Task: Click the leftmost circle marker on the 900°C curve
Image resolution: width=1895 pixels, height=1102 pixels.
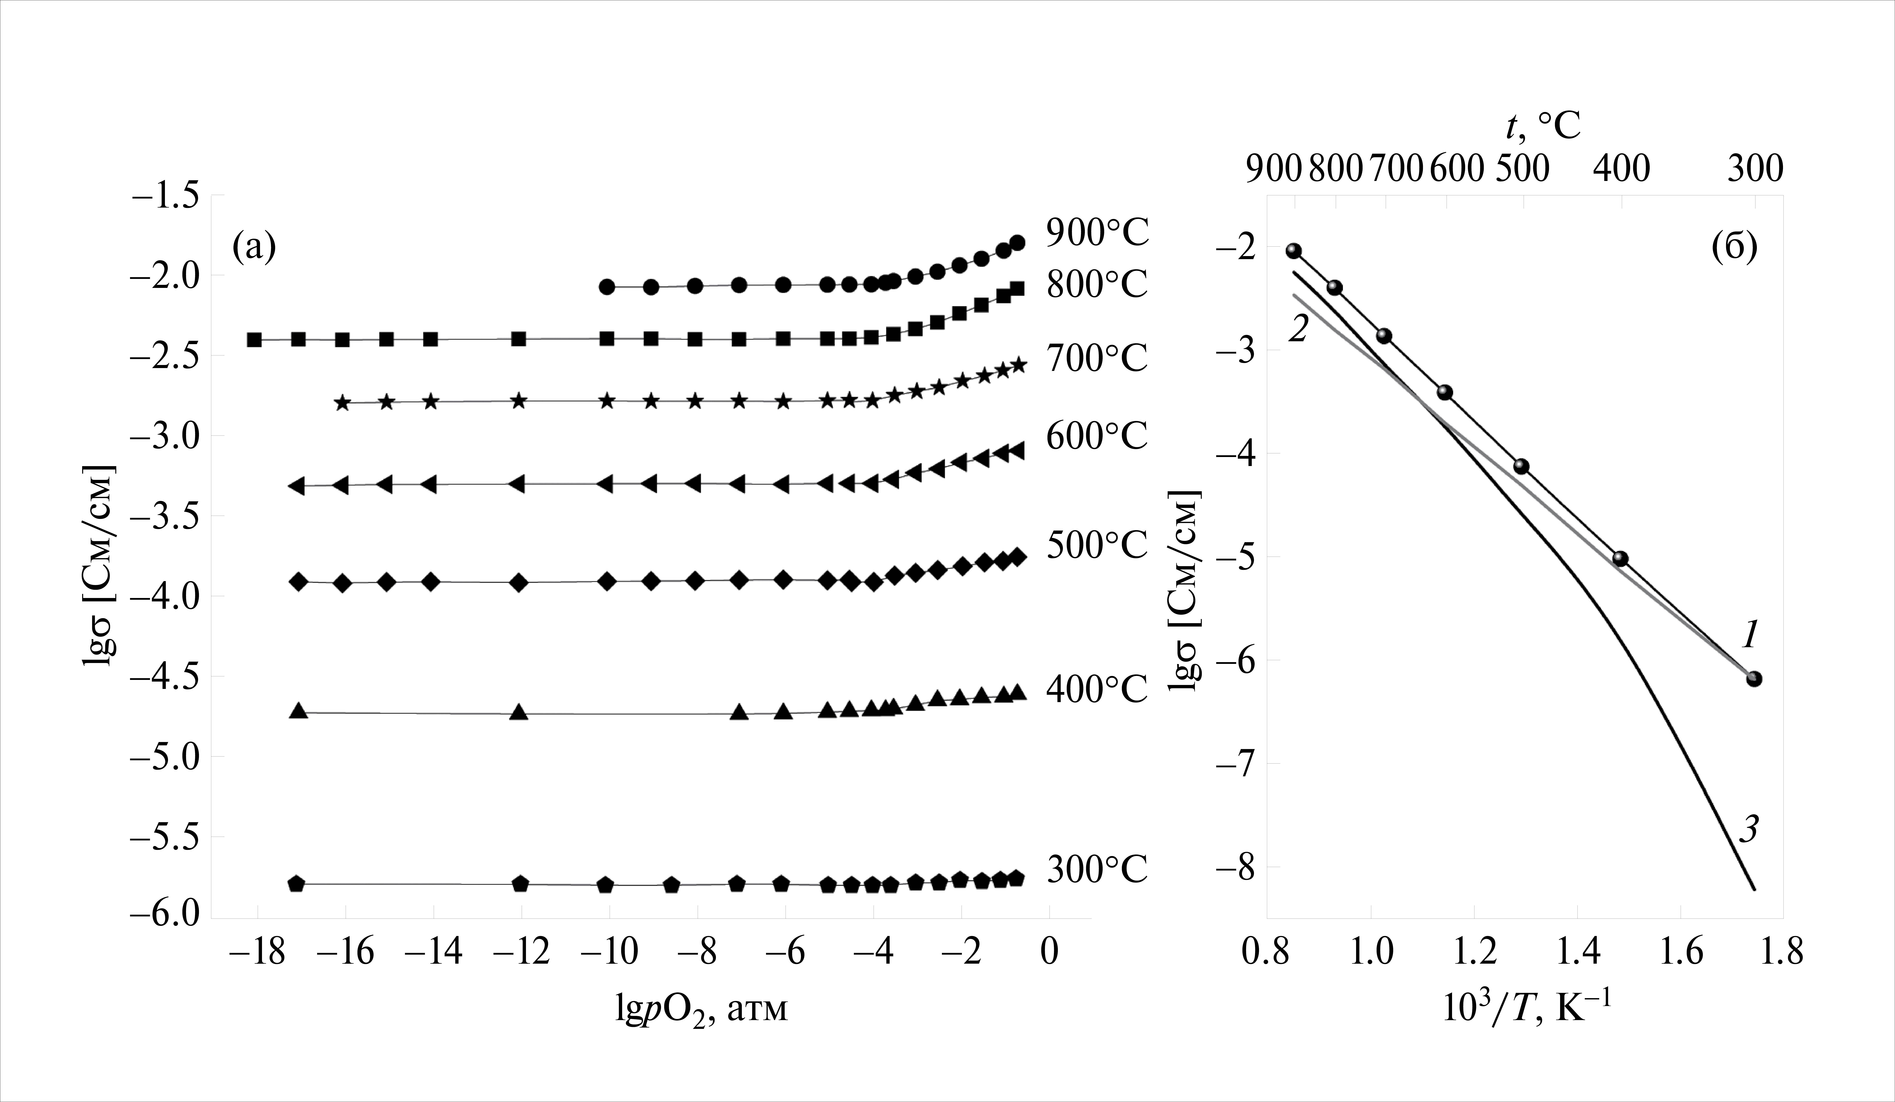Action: [608, 287]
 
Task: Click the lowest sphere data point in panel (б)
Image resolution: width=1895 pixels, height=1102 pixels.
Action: [1754, 679]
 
